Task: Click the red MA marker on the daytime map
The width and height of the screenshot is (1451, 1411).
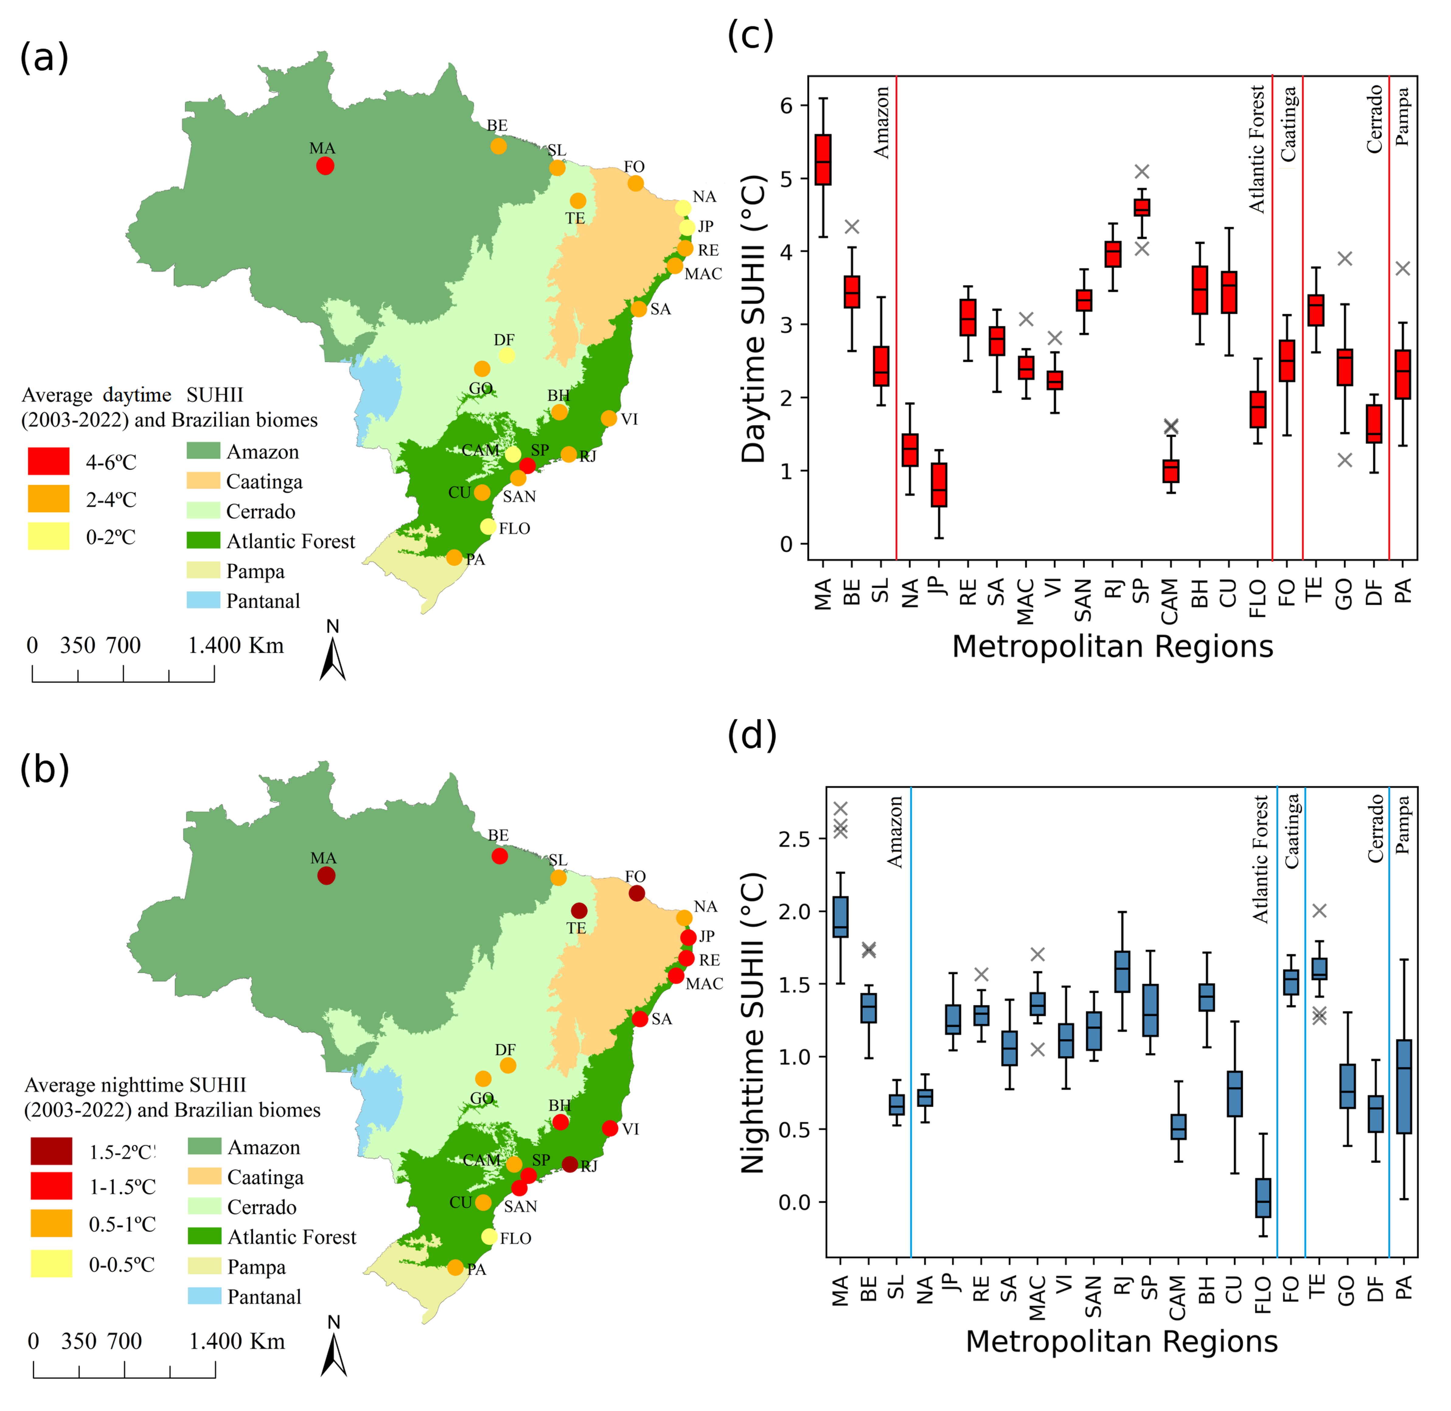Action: click(x=325, y=166)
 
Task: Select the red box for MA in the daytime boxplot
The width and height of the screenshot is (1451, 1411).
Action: click(x=823, y=159)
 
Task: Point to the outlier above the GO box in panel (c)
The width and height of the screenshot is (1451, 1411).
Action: click(x=1345, y=259)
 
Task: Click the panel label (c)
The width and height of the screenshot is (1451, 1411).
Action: click(x=750, y=36)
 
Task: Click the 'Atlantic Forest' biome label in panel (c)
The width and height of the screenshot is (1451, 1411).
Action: click(x=1258, y=148)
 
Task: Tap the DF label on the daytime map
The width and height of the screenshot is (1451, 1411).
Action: click(x=504, y=340)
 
